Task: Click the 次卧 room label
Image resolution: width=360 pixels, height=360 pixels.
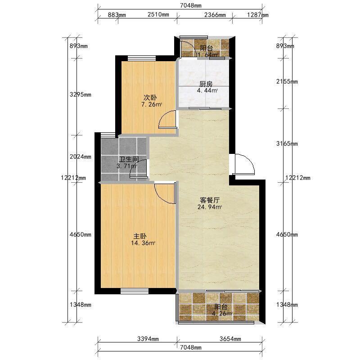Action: tap(150, 97)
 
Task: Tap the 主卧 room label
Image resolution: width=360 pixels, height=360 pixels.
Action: tap(140, 236)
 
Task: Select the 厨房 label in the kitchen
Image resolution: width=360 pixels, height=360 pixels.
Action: tap(206, 84)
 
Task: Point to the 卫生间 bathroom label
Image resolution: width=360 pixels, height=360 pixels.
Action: tap(129, 159)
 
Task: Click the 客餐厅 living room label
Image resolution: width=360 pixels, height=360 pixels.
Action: tap(210, 200)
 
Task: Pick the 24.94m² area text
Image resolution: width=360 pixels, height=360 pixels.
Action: tap(210, 207)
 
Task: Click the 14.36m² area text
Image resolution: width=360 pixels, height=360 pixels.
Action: tap(143, 243)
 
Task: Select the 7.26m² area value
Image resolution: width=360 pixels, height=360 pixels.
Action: tap(152, 105)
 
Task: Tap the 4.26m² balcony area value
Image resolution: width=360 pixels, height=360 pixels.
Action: tap(222, 314)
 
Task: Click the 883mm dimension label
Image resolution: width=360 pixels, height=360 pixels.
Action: tap(117, 15)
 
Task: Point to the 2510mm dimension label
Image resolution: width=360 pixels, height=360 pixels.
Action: tap(158, 15)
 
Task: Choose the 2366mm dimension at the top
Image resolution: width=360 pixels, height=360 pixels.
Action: tap(215, 15)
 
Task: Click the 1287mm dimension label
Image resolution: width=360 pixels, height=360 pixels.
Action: tap(257, 15)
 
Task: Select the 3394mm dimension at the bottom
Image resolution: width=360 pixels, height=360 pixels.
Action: tap(148, 339)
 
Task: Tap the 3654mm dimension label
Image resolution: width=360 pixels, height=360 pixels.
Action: tap(230, 339)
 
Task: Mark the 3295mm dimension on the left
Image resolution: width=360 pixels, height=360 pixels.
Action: tap(81, 94)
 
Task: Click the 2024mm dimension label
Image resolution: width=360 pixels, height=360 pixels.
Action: tap(81, 157)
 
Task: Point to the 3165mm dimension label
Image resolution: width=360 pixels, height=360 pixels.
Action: tap(287, 144)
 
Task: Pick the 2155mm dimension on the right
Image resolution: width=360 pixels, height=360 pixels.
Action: tap(287, 81)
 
